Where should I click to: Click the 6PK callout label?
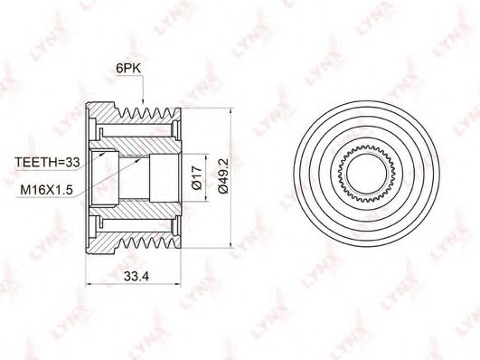tap(128, 69)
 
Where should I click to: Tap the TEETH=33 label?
tap(47, 162)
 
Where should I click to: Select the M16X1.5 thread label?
tap(46, 190)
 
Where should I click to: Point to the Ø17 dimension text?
tap(197, 177)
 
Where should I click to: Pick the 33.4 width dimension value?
tap(136, 277)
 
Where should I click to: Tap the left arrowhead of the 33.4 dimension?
tap(91, 284)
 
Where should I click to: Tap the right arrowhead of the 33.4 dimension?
tap(177, 284)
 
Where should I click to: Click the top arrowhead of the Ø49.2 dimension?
tap(231, 112)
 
